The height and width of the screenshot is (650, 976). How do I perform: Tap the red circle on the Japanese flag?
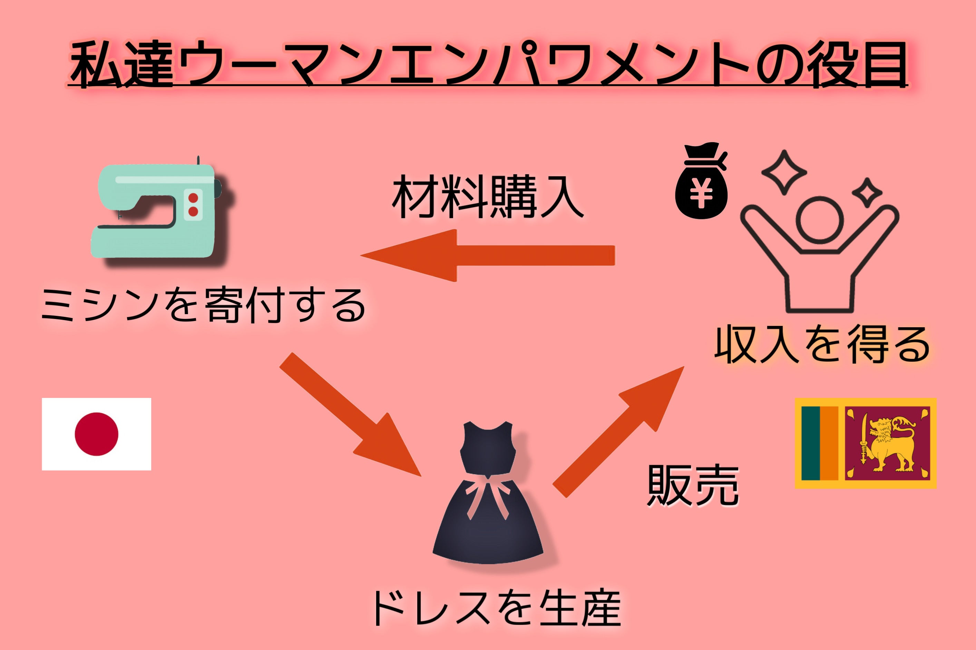[96, 434]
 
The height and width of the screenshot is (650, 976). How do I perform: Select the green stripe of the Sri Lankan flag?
[810, 443]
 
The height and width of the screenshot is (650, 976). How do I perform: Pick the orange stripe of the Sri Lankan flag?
[829, 443]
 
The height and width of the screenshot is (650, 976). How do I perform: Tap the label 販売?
[693, 486]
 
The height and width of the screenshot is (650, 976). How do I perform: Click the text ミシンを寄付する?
[203, 306]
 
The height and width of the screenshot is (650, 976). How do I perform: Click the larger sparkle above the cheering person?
[784, 172]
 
